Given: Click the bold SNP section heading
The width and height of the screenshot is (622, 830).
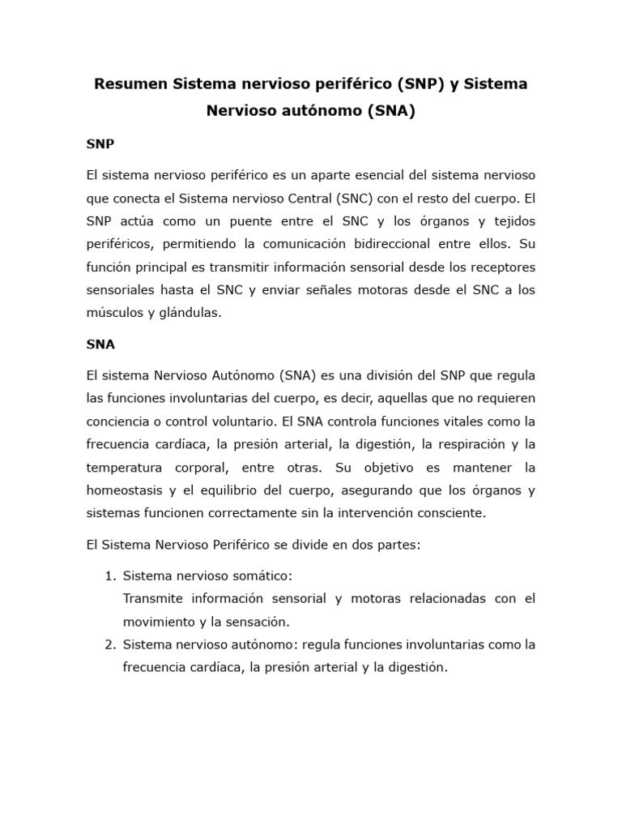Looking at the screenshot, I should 100,144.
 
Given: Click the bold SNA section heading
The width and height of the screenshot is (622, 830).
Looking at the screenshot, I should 100,344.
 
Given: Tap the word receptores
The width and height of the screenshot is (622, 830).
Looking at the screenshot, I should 505,267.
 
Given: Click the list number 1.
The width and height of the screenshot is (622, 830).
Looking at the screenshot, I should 110,575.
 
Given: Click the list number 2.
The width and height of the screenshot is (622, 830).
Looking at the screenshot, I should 110,644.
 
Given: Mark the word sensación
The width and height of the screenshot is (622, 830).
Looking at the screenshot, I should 252,622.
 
